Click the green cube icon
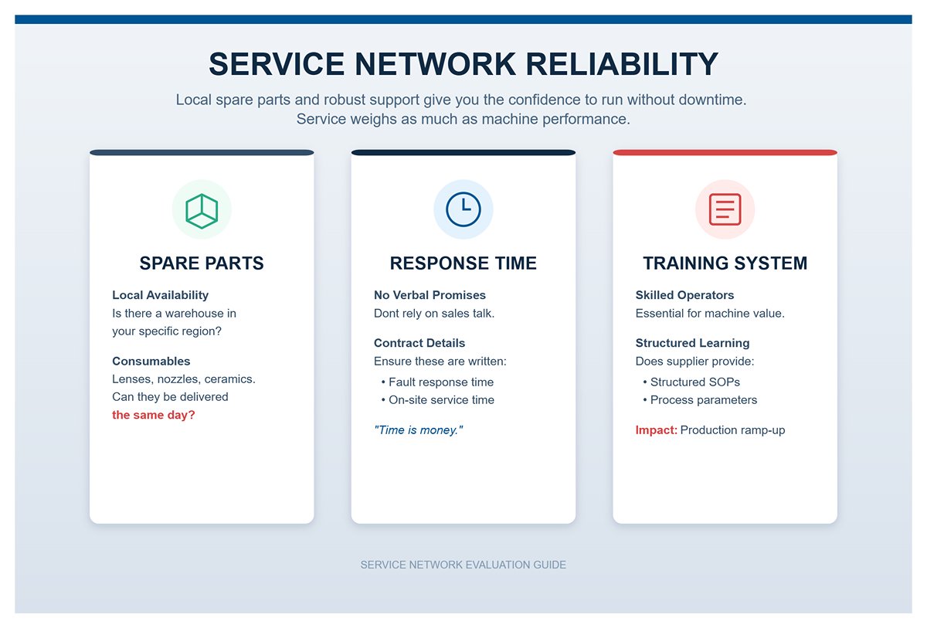(202, 209)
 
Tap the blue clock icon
(463, 209)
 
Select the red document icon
(725, 209)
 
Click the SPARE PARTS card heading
(202, 263)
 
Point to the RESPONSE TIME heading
(463, 263)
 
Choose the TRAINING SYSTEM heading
(725, 263)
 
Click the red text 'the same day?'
(154, 415)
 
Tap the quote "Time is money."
(418, 429)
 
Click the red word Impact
(656, 429)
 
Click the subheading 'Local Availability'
(160, 294)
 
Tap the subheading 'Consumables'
(151, 361)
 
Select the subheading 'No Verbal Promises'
(430, 294)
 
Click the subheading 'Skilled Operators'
(684, 294)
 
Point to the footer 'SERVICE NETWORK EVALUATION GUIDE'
(463, 565)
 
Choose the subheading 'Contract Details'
(419, 342)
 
